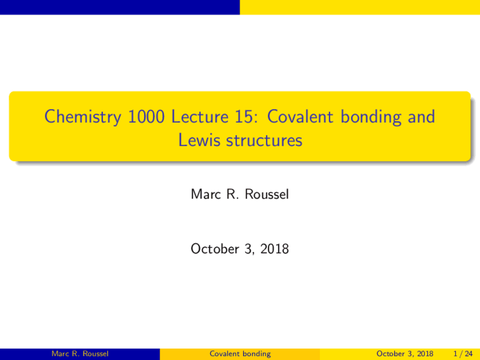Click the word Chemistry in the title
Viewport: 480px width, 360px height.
coord(83,117)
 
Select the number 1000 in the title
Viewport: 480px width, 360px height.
coord(146,117)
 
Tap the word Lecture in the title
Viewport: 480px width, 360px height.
coord(199,117)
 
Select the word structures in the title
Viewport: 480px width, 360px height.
coord(264,141)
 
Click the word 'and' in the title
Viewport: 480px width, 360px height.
coord(421,117)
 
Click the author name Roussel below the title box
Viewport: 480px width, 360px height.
coord(267,194)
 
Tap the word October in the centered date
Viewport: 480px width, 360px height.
coord(214,249)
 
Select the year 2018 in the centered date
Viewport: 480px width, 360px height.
coord(274,249)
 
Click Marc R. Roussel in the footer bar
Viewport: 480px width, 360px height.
coord(80,354)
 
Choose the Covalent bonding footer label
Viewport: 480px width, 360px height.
coord(240,354)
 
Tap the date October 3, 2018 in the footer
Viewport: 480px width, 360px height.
coord(405,354)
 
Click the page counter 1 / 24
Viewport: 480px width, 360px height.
coord(463,354)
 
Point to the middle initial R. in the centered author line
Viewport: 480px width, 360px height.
coord(232,194)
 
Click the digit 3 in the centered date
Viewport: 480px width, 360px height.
coord(248,249)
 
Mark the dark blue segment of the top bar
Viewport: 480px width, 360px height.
coord(120,7)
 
